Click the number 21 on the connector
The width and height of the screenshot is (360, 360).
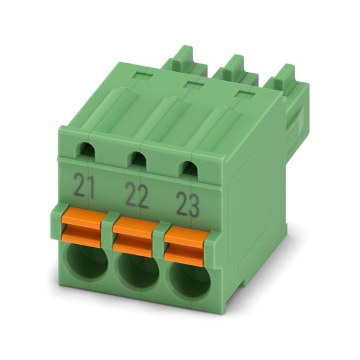(85, 186)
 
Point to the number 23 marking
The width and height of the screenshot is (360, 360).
(188, 205)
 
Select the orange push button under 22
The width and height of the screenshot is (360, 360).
(133, 236)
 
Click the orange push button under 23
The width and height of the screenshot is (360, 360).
(187, 246)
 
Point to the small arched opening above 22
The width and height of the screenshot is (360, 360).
(139, 159)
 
